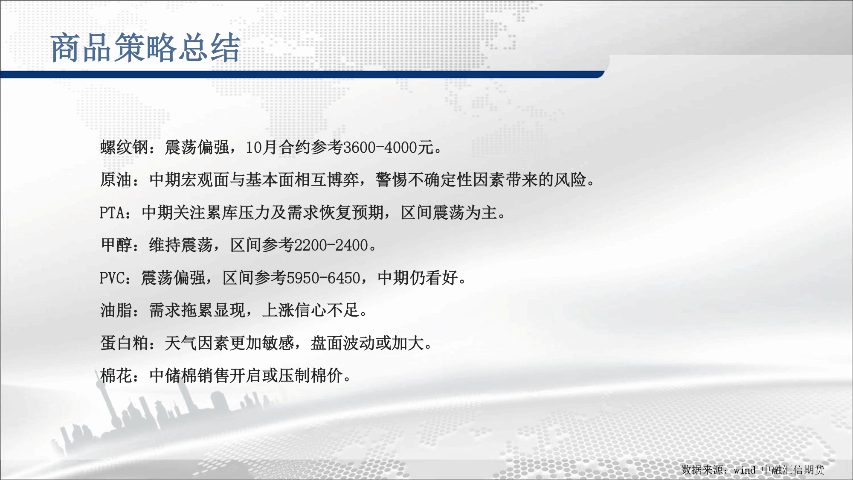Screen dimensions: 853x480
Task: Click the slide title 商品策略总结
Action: tap(145, 47)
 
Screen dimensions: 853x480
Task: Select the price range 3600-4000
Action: tap(380, 147)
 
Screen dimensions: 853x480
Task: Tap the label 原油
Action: tap(116, 180)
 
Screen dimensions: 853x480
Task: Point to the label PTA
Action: tap(112, 212)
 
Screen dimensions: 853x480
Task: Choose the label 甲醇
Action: tap(116, 245)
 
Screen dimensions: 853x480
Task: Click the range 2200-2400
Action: tap(331, 245)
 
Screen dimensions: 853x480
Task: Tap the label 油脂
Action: tap(116, 310)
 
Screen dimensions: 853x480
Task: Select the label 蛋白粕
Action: tap(124, 343)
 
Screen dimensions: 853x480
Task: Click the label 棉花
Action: tap(116, 375)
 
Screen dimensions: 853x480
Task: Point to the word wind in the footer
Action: tap(744, 470)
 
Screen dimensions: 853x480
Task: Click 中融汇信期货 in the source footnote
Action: tap(793, 470)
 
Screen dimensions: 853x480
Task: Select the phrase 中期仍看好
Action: tap(418, 278)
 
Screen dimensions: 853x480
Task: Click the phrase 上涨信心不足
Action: tap(310, 310)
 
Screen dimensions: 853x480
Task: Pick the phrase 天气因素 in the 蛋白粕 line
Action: tap(197, 343)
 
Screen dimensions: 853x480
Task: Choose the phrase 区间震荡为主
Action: tap(449, 212)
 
